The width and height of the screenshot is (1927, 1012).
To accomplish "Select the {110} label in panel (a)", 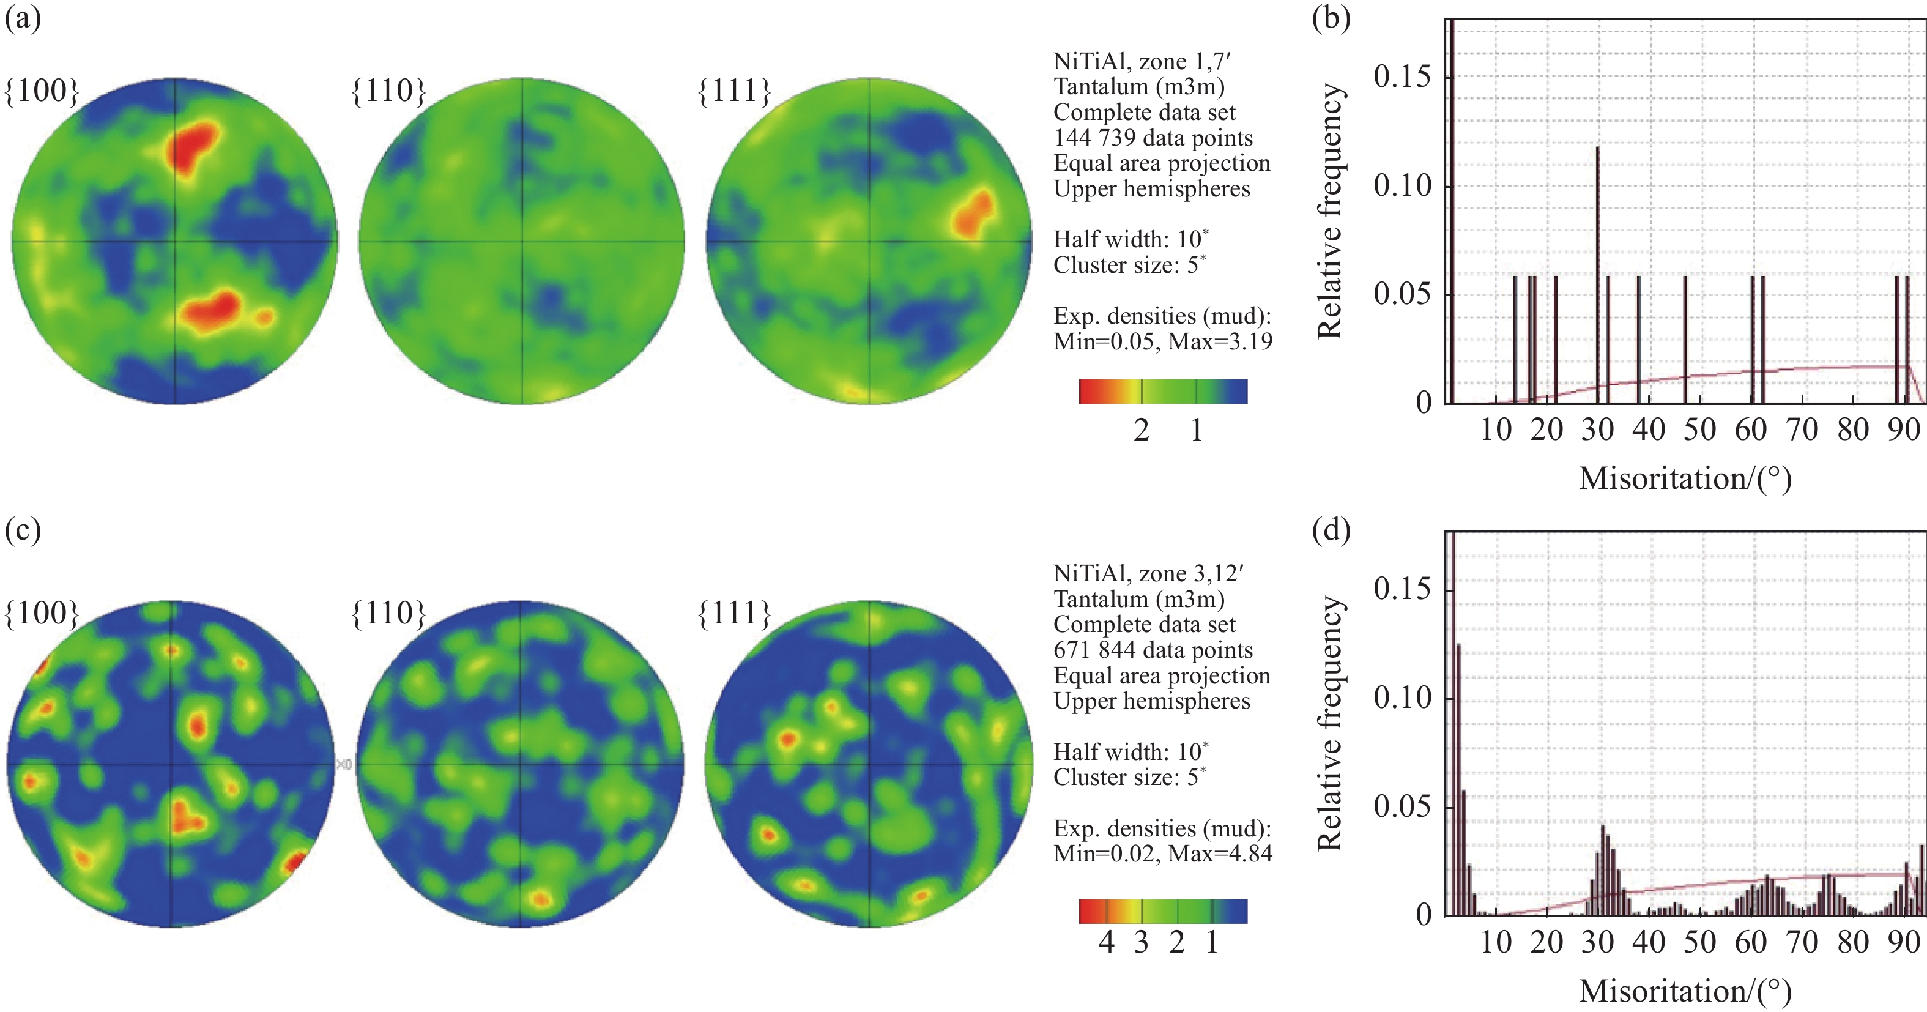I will click(x=389, y=91).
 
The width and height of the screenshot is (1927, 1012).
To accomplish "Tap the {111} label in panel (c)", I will click(x=735, y=613).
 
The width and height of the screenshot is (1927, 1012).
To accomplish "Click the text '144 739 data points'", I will click(x=1153, y=138).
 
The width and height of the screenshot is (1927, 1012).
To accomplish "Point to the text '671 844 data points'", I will click(x=1153, y=650).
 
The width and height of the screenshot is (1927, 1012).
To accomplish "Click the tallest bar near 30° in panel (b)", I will click(x=1597, y=269).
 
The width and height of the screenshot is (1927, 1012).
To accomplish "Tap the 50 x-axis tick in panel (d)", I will click(x=1699, y=942).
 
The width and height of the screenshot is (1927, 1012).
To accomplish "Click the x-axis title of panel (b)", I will click(x=1685, y=478).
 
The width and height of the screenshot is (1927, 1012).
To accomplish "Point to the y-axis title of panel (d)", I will click(x=1329, y=723).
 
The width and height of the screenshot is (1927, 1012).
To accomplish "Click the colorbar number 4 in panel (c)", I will click(x=1107, y=942).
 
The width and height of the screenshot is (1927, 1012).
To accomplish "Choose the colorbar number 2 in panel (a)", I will click(x=1141, y=430).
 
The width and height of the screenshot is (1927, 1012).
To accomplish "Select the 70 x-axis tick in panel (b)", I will click(x=1802, y=430).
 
